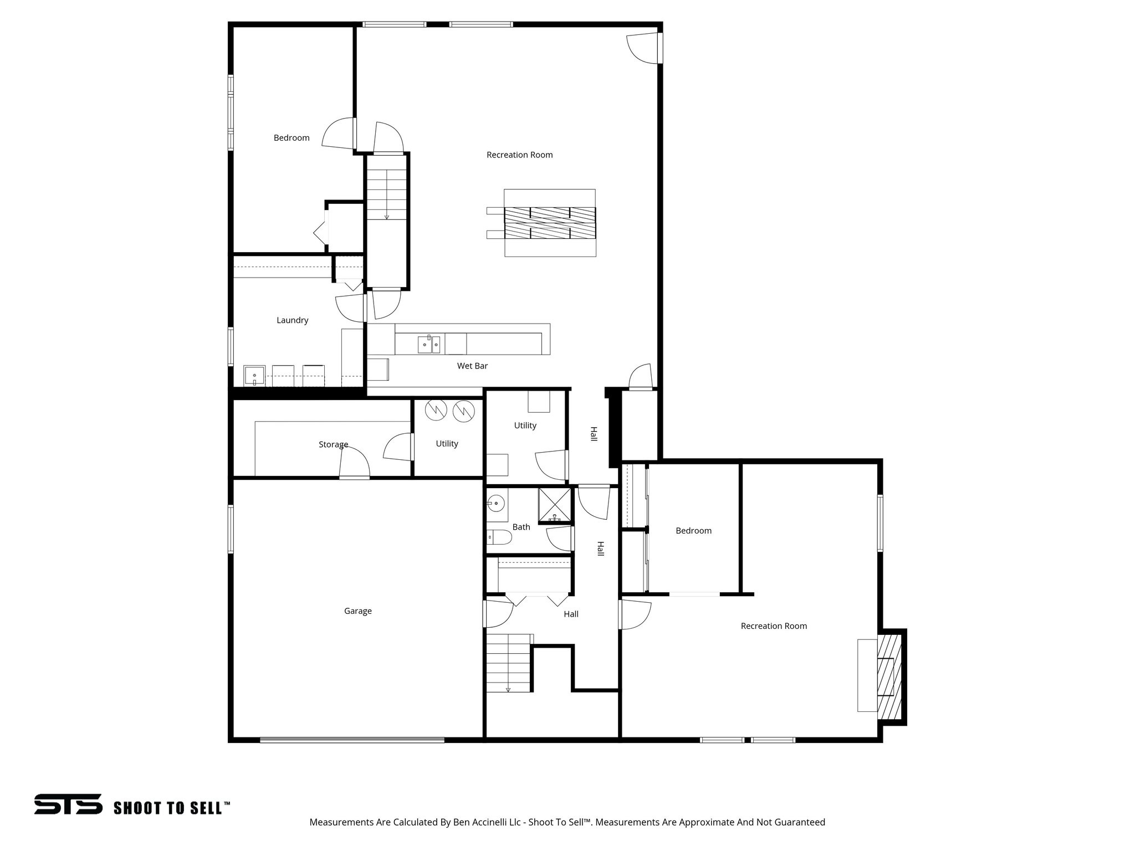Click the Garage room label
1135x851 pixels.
[357, 611]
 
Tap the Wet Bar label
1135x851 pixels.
[472, 366]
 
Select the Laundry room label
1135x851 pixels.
[292, 320]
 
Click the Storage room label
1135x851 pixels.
[333, 444]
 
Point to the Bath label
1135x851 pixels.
[521, 527]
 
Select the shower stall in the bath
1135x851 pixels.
[555, 504]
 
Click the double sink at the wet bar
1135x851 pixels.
[429, 344]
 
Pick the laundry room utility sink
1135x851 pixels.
[254, 376]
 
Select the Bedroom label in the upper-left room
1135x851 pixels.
[292, 138]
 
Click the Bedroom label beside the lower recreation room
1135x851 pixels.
[693, 531]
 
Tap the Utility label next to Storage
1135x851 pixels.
[447, 444]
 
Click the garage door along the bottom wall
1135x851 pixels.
[352, 740]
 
